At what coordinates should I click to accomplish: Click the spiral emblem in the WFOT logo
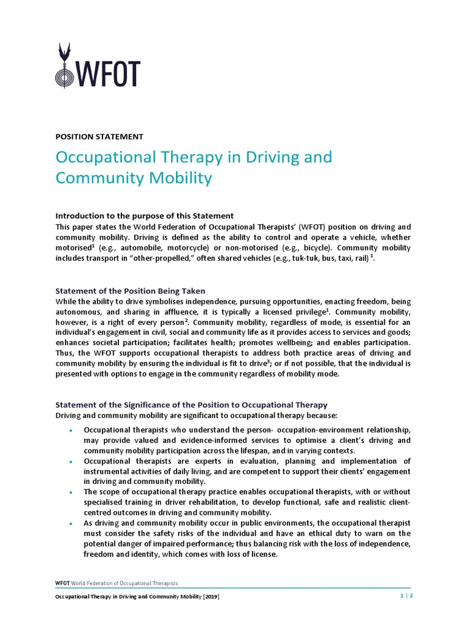pyautogui.click(x=62, y=74)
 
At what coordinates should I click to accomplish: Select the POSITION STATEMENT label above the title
pyautogui.click(x=99, y=136)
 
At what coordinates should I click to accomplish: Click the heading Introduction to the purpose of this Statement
pyautogui.click(x=144, y=216)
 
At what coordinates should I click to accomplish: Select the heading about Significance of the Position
pyautogui.click(x=191, y=404)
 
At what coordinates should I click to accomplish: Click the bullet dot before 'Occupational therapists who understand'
pyautogui.click(x=71, y=430)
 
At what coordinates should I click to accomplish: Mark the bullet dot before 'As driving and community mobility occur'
pyautogui.click(x=71, y=523)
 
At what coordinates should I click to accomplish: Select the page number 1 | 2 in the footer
pyautogui.click(x=406, y=596)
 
